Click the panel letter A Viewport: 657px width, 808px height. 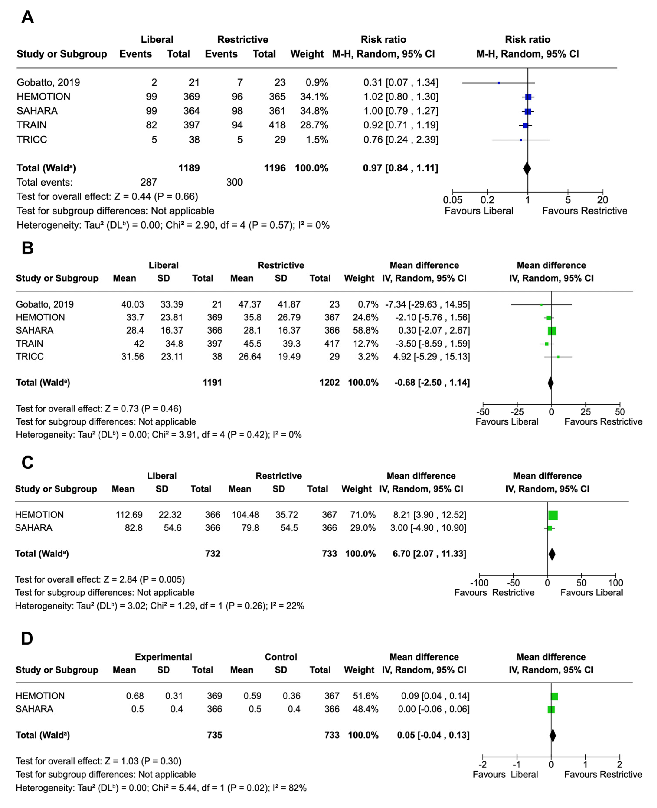click(x=27, y=17)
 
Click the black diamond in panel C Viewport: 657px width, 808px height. click(x=552, y=554)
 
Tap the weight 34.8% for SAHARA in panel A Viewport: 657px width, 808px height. click(x=314, y=111)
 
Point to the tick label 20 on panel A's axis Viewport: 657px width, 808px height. click(x=603, y=200)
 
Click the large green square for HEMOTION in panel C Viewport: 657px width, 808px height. click(x=553, y=515)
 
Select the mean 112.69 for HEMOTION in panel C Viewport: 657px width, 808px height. click(x=129, y=515)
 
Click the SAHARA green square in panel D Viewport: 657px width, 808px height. click(x=551, y=709)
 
